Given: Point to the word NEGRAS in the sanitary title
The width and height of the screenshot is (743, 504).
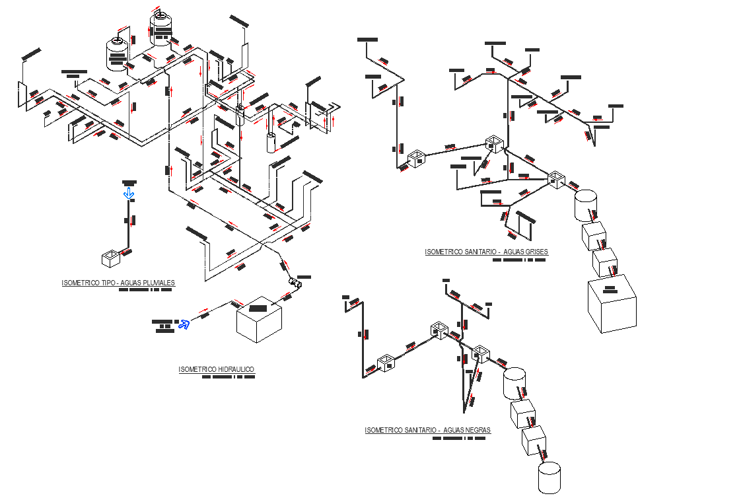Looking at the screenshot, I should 476,430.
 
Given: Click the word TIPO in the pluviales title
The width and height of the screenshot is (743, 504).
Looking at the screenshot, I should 108,283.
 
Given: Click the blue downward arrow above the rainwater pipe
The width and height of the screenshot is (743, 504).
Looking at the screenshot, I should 129,193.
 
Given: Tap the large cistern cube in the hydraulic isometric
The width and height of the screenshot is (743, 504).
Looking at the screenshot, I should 260,319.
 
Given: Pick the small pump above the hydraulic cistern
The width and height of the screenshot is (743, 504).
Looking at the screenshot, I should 295,283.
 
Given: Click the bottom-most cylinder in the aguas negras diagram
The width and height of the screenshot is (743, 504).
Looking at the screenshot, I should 549,477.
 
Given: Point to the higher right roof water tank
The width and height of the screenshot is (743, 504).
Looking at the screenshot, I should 160,28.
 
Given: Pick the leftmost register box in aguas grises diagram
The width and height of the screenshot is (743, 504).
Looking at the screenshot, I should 417,159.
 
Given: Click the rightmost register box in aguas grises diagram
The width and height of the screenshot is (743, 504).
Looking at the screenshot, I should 556,178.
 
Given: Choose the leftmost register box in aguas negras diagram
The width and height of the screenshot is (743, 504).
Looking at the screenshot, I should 386,363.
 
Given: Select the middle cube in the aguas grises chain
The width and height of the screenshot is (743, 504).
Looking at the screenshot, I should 604,261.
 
